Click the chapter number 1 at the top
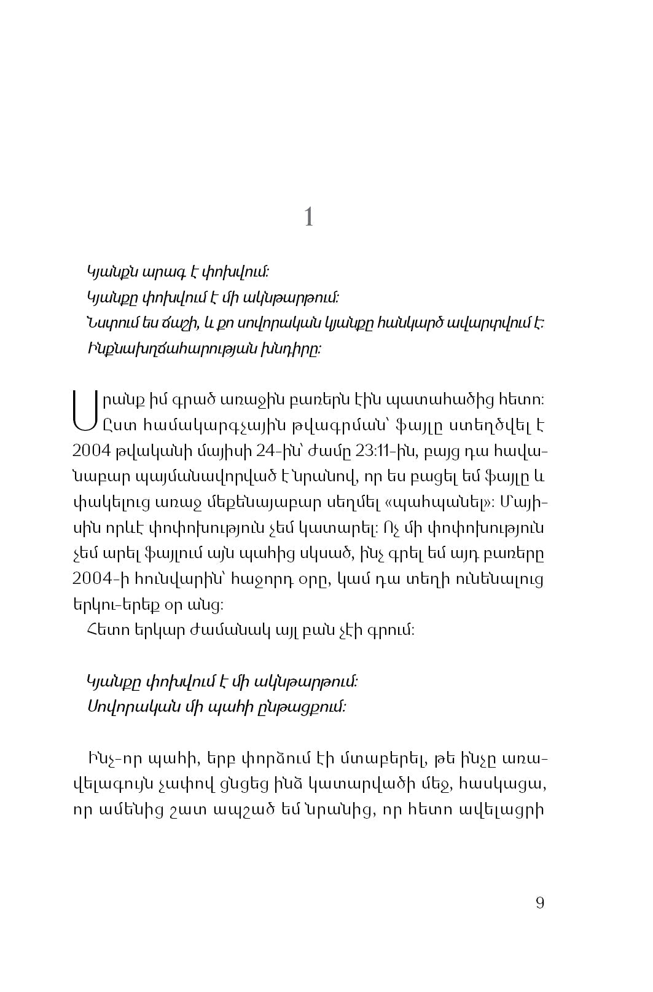[x=309, y=216]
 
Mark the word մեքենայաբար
[x=262, y=501]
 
